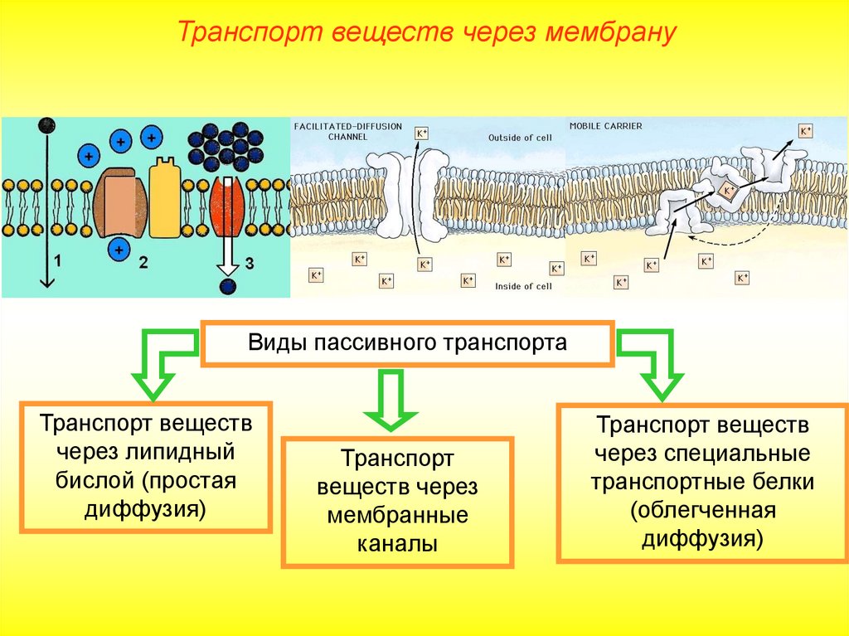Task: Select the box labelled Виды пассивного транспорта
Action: click(x=407, y=343)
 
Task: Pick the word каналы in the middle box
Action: click(x=397, y=544)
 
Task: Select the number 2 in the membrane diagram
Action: click(x=143, y=264)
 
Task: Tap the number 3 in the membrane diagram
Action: click(x=248, y=265)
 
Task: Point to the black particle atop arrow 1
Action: click(x=47, y=126)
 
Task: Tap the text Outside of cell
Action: click(x=520, y=138)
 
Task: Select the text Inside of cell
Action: click(x=522, y=286)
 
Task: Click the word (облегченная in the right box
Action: click(x=703, y=508)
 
